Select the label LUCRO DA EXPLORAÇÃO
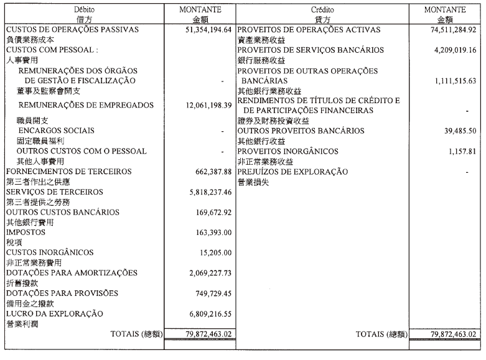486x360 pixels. coord(54,314)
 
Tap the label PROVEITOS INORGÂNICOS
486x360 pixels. coord(288,151)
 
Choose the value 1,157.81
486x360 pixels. coord(459,151)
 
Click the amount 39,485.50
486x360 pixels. coord(456,131)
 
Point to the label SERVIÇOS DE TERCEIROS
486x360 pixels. coord(54,192)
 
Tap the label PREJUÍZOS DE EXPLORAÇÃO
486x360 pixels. coord(292,172)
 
